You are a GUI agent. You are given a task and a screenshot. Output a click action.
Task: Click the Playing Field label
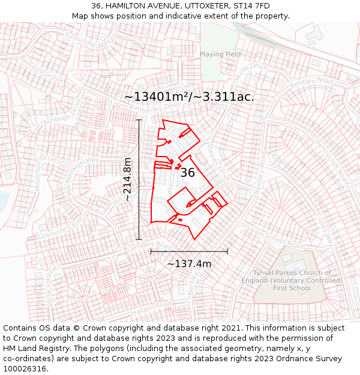pos(220,55)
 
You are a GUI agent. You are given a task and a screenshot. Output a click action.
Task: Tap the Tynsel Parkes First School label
pos(292,280)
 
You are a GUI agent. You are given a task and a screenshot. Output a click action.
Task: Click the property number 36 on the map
pos(187,173)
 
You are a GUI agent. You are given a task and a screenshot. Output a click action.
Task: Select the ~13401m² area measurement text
pos(189,97)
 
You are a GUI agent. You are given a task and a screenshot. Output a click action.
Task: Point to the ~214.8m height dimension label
pos(127,179)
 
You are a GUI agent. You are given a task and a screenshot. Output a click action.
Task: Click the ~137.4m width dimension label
pos(189,264)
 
